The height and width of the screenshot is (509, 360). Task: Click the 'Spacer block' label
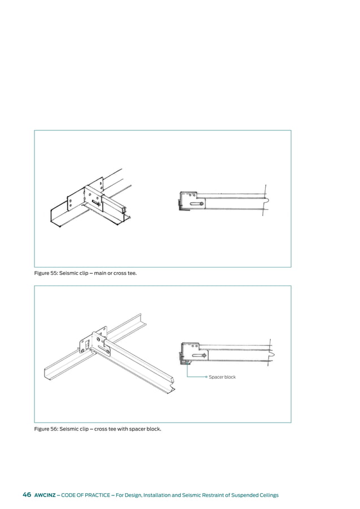click(x=222, y=377)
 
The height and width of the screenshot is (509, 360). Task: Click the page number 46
click(x=27, y=495)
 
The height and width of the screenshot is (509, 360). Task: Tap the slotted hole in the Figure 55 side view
click(x=195, y=204)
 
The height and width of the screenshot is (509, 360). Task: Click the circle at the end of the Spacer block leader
click(x=207, y=377)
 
